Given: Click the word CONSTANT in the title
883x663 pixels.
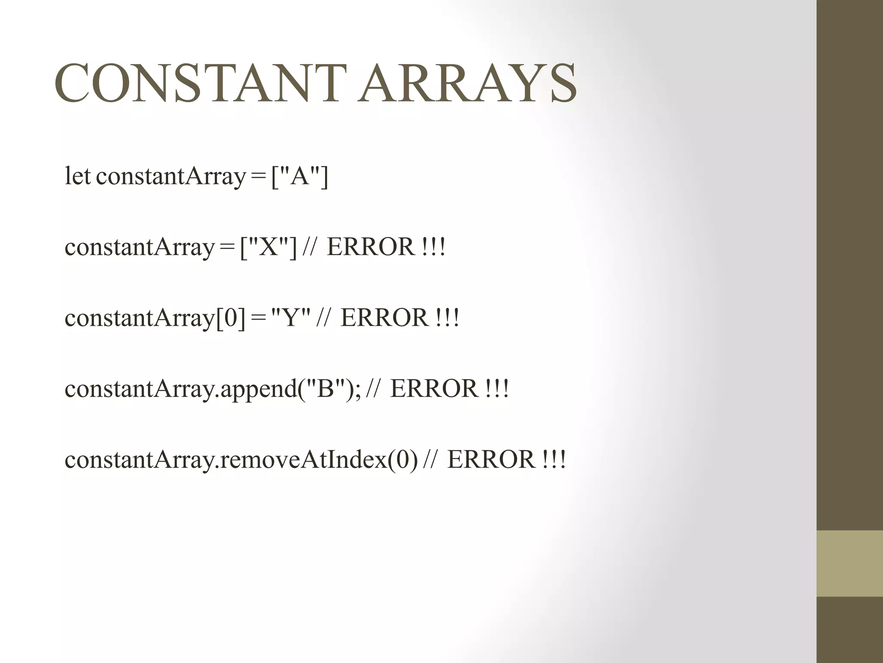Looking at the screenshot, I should point(200,83).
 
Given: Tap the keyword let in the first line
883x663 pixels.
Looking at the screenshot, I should point(78,176).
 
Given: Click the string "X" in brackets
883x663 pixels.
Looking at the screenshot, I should point(268,247).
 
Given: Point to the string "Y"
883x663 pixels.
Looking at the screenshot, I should point(291,318).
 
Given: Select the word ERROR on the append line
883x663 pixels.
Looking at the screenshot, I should point(434,388).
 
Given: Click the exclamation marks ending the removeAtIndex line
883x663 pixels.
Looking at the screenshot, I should point(554,459).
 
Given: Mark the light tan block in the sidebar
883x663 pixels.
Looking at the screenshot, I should point(849,563).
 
